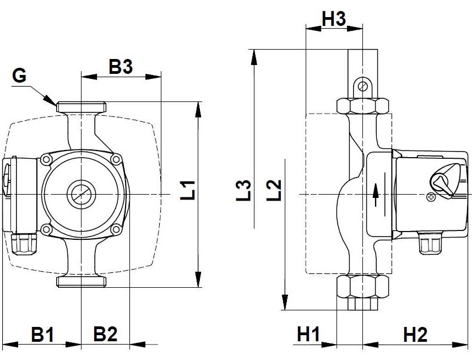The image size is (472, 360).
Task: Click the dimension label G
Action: coord(19,76)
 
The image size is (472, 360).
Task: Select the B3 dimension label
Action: coord(121,67)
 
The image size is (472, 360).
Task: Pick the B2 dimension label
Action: coord(105,334)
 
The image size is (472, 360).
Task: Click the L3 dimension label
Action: coord(245,190)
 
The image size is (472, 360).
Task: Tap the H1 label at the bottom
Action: coord(308,334)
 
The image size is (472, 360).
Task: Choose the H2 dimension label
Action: coord(415,334)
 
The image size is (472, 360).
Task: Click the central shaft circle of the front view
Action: coord(81,195)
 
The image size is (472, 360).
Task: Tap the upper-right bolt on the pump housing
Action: coord(115,159)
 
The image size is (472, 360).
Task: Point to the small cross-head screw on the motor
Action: coord(431,196)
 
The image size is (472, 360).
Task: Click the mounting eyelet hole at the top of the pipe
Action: coord(362,86)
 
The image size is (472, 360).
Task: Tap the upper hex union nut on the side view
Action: coord(363,106)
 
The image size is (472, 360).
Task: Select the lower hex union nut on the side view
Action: coord(363,286)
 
